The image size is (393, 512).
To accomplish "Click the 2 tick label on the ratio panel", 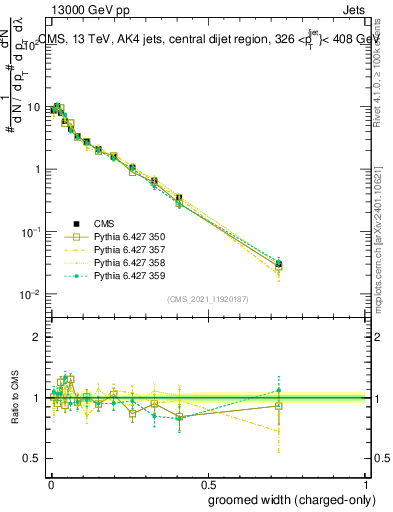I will tap(37, 337).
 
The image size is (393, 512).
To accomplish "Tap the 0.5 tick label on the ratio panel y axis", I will tap(33, 458).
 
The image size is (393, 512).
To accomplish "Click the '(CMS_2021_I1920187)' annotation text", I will tap(207, 299).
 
